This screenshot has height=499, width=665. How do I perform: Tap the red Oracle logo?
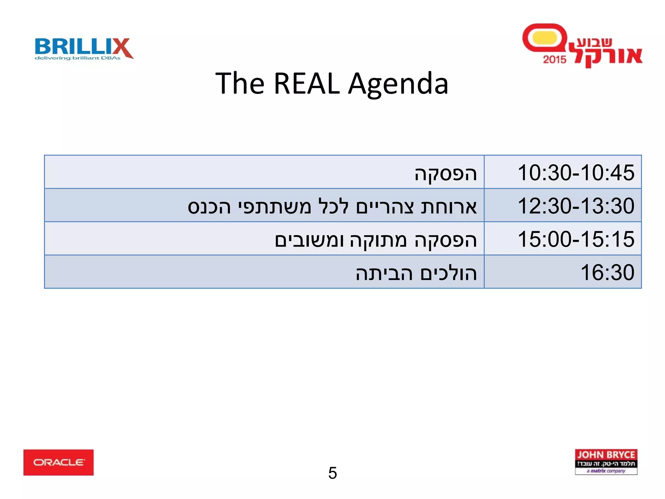pos(58,462)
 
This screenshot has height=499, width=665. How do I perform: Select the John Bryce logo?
pos(606,462)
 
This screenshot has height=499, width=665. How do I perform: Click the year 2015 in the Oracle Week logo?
pos(555,59)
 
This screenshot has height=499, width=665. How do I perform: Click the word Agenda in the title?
pos(398,84)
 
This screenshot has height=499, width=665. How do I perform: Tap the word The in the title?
pos(240,83)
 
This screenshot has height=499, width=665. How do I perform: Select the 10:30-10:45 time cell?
pos(576,172)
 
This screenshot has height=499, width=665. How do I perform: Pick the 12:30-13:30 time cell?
pos(576,206)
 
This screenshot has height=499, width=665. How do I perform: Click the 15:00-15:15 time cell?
pos(576,239)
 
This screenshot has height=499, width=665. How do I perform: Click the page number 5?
pos(332,473)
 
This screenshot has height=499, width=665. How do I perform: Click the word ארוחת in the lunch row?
pos(449,206)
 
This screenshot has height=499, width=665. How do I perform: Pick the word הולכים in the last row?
pos(449,273)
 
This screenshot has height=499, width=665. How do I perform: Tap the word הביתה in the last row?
pos(384,273)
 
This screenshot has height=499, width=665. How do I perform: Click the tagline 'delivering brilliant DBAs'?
pos(78,58)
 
